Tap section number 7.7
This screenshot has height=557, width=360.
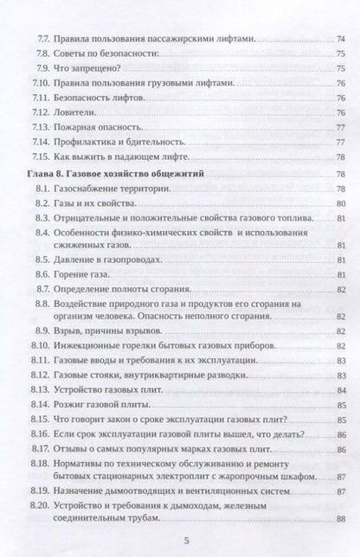click(37, 40)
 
